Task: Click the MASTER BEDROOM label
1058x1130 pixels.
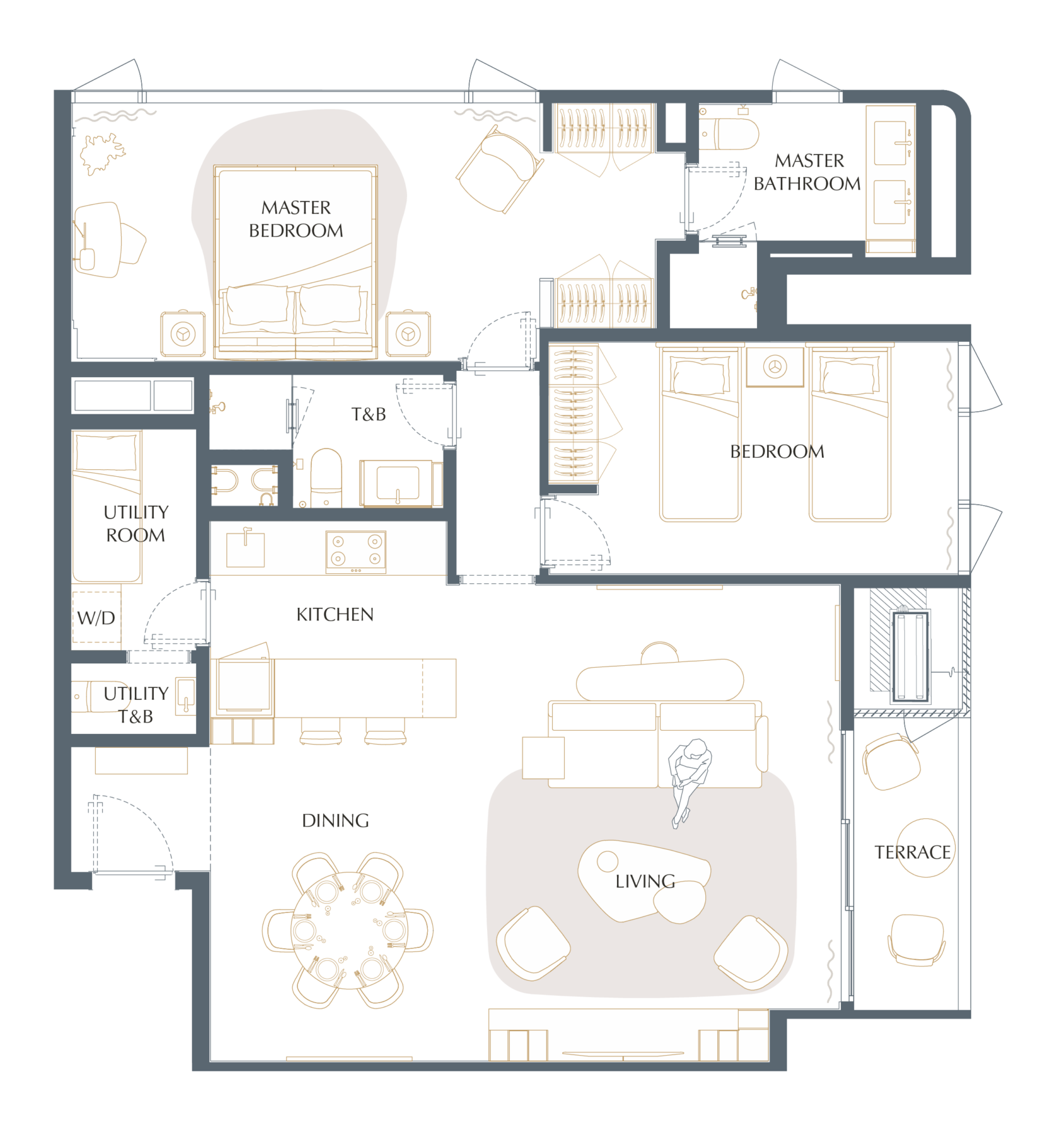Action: pyautogui.click(x=296, y=219)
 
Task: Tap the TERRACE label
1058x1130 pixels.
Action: pyautogui.click(x=912, y=853)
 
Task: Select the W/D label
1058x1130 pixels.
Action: pyautogui.click(x=96, y=618)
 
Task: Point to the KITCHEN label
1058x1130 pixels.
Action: pyautogui.click(x=335, y=614)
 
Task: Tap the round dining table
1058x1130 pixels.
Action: pyautogui.click(x=349, y=930)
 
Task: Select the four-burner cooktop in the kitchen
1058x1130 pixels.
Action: pyautogui.click(x=356, y=552)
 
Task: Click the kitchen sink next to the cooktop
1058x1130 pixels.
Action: pyautogui.click(x=245, y=549)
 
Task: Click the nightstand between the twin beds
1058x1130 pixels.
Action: pyautogui.click(x=775, y=366)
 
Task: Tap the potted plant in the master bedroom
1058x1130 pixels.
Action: pyautogui.click(x=102, y=153)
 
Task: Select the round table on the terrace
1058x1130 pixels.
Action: pyautogui.click(x=925, y=848)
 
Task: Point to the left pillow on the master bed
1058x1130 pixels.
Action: pyautogui.click(x=257, y=306)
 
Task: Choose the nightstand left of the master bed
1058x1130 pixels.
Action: pyautogui.click(x=183, y=334)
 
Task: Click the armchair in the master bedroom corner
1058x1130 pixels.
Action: pyautogui.click(x=500, y=168)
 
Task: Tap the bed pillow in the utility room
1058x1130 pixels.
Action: pyautogui.click(x=106, y=452)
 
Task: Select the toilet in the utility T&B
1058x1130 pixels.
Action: pyautogui.click(x=95, y=696)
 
